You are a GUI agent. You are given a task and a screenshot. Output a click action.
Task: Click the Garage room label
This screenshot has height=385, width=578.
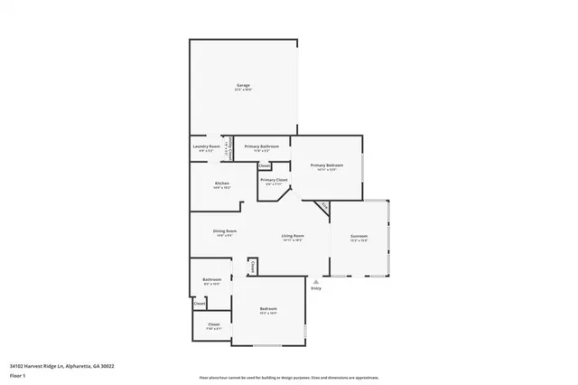[244, 85]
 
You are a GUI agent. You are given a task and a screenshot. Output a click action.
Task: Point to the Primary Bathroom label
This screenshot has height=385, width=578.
[261, 146]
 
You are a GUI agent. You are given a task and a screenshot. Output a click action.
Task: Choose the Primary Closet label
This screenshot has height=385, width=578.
[274, 180]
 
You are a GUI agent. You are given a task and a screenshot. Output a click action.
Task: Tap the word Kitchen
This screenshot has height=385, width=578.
[222, 183]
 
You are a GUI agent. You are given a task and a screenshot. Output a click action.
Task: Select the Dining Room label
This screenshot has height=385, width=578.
[225, 230]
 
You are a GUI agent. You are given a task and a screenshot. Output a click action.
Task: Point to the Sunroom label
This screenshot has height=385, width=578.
[359, 236]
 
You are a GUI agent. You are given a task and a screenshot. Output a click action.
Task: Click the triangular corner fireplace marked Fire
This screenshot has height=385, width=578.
[324, 209]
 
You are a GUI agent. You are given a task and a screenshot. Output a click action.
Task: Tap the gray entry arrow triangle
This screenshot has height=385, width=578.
[316, 281]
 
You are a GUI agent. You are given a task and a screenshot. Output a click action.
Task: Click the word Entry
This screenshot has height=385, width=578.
[316, 288]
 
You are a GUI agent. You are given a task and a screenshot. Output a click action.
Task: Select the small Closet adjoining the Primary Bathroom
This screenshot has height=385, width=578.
[265, 166]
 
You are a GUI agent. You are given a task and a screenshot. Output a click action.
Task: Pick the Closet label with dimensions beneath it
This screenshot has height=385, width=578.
[214, 324]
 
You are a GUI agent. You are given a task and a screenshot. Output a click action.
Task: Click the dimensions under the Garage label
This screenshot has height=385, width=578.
[244, 89]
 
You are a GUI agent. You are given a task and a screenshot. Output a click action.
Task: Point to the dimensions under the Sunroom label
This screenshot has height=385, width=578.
[359, 240]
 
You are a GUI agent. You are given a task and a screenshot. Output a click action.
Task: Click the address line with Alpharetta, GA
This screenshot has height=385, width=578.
[61, 366]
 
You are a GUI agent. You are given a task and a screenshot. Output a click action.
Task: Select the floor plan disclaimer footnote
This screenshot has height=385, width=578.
[289, 378]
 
